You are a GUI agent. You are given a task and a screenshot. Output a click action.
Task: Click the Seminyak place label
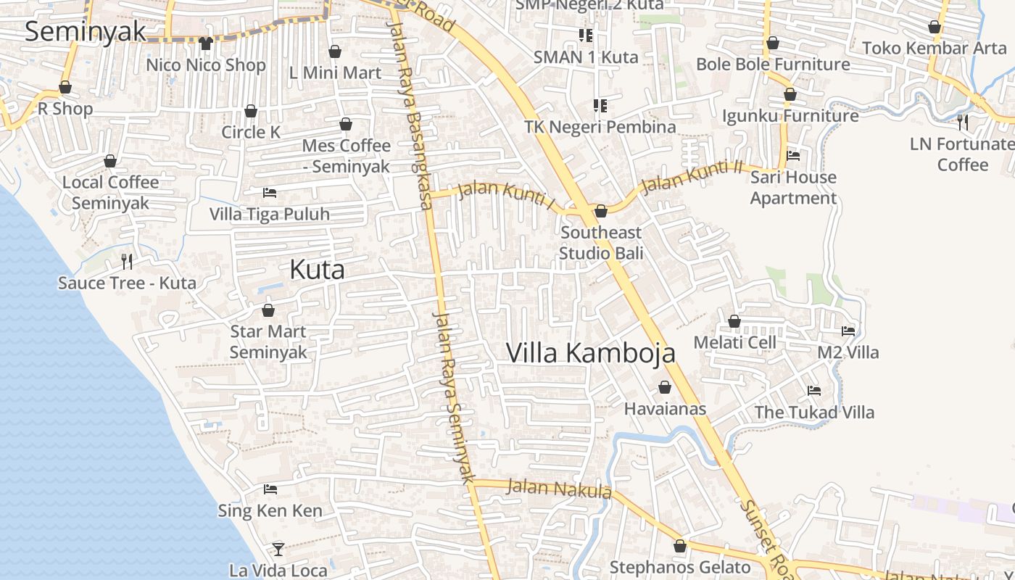click(x=86, y=32)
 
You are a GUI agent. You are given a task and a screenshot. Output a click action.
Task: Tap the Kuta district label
click(x=317, y=270)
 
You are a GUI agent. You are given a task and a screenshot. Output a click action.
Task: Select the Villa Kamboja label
click(x=590, y=353)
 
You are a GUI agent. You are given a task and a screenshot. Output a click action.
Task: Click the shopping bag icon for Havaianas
click(x=664, y=388)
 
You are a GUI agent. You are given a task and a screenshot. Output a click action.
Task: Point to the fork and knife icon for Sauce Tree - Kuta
click(x=127, y=261)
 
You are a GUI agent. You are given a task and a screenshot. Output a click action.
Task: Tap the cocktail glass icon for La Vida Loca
click(x=278, y=549)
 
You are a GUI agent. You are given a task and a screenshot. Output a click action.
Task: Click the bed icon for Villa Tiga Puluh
click(x=269, y=193)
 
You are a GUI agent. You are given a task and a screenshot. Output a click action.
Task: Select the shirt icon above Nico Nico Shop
click(x=206, y=43)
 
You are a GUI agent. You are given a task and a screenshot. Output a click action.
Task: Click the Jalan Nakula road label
click(x=559, y=489)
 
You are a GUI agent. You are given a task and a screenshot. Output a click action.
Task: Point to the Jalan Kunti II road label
click(x=692, y=176)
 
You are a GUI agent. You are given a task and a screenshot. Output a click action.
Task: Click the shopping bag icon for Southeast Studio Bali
click(x=600, y=211)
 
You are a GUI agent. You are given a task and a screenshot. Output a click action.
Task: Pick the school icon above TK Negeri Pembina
click(x=600, y=106)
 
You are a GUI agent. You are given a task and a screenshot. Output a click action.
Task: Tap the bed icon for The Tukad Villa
click(x=814, y=391)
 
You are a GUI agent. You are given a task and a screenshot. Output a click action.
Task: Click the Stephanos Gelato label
click(x=680, y=567)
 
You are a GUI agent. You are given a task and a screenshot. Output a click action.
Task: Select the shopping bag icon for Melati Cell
click(x=734, y=321)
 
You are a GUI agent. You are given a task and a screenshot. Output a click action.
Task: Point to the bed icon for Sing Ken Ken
click(x=270, y=489)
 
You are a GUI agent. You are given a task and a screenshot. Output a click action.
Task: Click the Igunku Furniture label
click(x=790, y=115)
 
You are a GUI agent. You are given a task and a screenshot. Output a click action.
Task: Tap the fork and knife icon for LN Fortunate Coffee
click(x=963, y=122)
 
